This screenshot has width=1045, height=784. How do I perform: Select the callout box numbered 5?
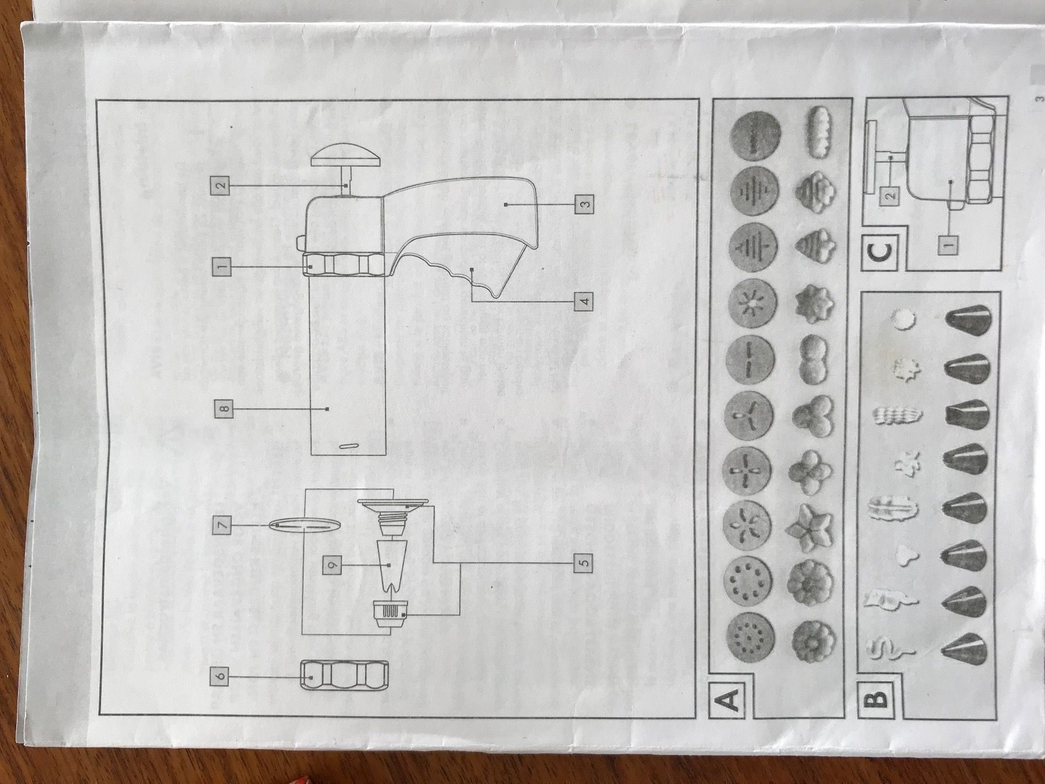click(584, 562)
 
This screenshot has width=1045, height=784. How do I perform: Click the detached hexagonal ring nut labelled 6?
click(345, 677)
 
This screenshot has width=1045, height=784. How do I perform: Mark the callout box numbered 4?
click(584, 301)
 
